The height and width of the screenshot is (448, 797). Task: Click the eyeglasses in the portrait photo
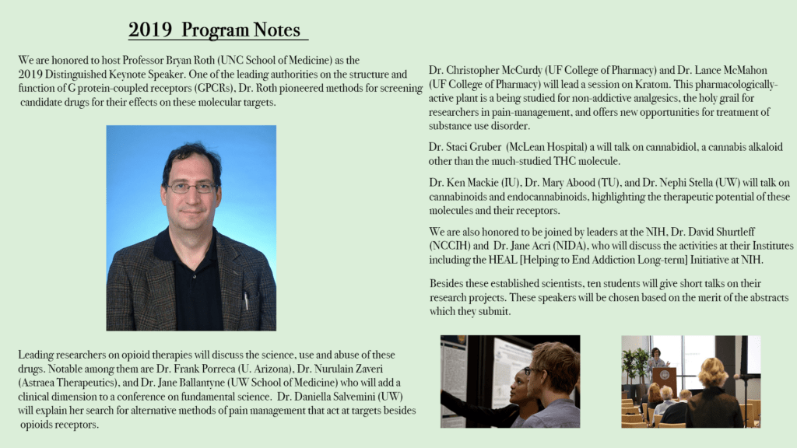point(191,187)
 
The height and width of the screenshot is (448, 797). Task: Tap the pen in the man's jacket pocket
point(246,300)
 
